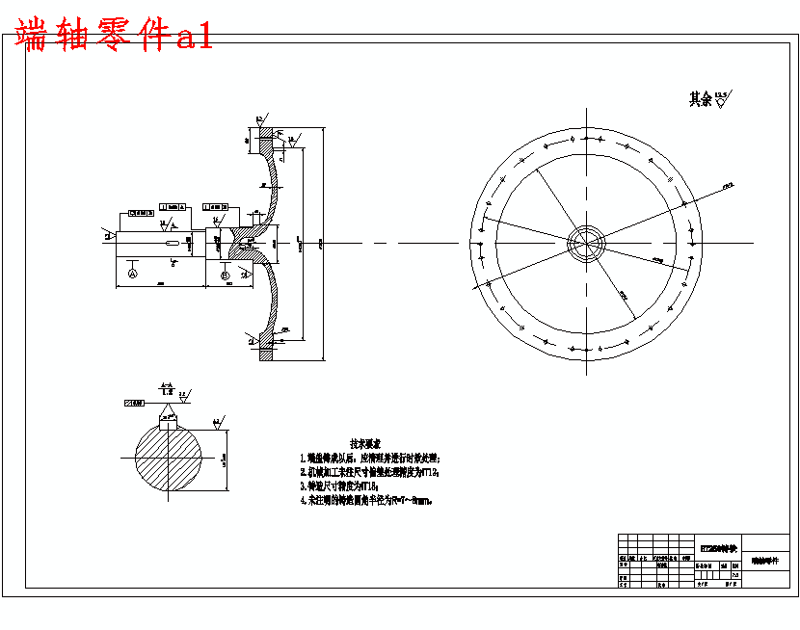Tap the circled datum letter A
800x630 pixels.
[133, 275]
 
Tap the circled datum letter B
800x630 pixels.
[225, 276]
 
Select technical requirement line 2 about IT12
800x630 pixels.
[370, 473]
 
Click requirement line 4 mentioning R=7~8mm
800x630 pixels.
[366, 502]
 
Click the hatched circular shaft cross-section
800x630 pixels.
[169, 459]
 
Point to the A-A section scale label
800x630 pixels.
[168, 388]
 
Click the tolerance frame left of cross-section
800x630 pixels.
[134, 403]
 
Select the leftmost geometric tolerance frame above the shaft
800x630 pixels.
[142, 212]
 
